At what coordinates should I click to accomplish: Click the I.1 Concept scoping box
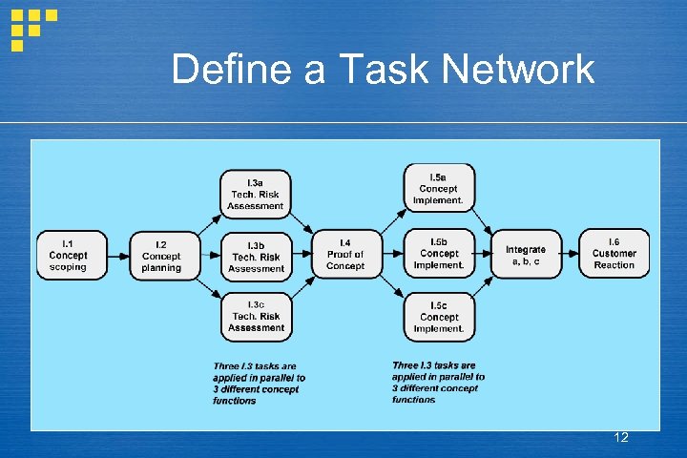tap(68, 255)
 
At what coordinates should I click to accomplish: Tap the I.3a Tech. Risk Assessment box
tap(255, 194)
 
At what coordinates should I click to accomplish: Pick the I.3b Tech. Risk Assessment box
tap(256, 256)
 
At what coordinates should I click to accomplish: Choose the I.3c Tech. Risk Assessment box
tap(256, 317)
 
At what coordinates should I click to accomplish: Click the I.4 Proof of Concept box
tap(344, 255)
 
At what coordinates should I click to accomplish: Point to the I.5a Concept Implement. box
tap(439, 188)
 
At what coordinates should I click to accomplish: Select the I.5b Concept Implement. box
tap(439, 254)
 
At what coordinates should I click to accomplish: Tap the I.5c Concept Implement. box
tap(439, 318)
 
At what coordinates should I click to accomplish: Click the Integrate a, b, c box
tap(526, 255)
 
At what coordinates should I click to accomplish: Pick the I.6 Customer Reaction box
tap(614, 254)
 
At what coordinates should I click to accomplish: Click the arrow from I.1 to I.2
tap(114, 256)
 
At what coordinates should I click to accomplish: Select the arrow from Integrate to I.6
tap(570, 255)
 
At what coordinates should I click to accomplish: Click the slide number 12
tap(621, 438)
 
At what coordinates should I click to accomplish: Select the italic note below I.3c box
tap(259, 383)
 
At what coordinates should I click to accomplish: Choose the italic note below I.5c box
tap(438, 382)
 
